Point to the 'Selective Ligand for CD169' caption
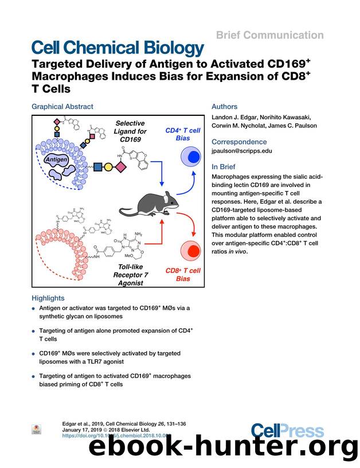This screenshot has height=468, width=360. point(130,132)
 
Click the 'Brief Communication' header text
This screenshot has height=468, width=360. point(270,36)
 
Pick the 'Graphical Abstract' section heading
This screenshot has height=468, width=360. point(62,107)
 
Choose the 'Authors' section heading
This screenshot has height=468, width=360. point(225,107)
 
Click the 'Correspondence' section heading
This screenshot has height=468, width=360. point(239,142)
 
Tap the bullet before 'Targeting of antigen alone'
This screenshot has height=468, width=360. point(34,331)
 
